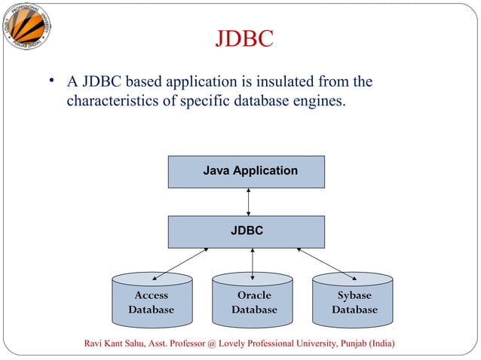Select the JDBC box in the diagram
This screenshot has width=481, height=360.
[x=247, y=231]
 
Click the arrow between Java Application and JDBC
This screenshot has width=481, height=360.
[x=248, y=202]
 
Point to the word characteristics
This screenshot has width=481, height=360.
[x=115, y=99]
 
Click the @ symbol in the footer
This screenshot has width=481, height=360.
[x=212, y=344]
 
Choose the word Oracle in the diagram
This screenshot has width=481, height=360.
[x=253, y=295]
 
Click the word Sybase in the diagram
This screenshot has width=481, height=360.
[x=354, y=295]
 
